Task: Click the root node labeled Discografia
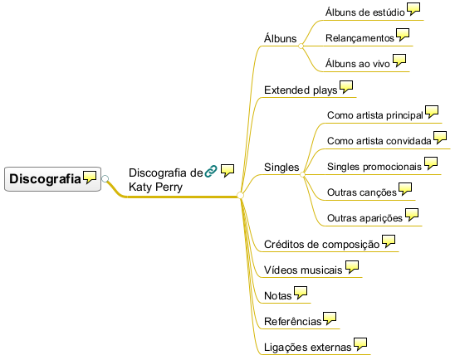(52, 179)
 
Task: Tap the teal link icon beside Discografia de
(211, 171)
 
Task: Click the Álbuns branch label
(281, 38)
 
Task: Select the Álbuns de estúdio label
(364, 12)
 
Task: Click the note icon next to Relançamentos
(403, 35)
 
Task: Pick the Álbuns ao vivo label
(358, 64)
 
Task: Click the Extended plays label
(301, 90)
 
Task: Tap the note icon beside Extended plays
(346, 86)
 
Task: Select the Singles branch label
(281, 168)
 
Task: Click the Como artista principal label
(375, 115)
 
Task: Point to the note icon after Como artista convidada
(440, 138)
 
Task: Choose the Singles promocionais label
(374, 167)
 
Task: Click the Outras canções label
(362, 192)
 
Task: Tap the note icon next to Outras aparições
(412, 215)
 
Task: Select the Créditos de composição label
(322, 245)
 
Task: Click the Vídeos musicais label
(303, 270)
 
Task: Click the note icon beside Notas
(301, 293)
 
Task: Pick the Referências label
(293, 322)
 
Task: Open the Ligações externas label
(308, 347)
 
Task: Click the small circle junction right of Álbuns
(301, 46)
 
